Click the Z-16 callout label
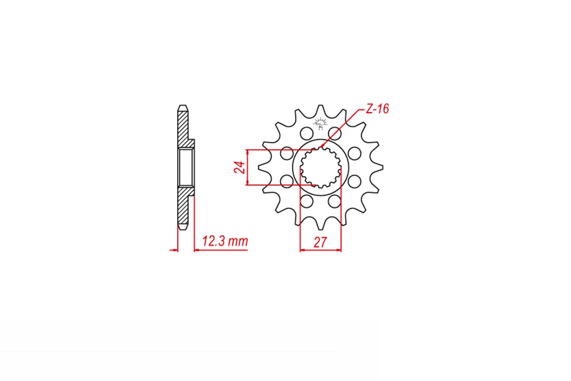(377, 109)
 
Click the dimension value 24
(240, 168)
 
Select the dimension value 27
(320, 243)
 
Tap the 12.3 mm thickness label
(225, 241)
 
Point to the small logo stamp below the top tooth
(319, 124)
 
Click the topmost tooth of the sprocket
(321, 110)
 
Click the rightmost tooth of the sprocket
(379, 167)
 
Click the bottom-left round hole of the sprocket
(306, 202)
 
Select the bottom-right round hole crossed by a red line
(334, 202)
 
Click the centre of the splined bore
(320, 167)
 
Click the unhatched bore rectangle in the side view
(185, 167)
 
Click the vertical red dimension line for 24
(247, 167)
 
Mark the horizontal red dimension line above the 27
(320, 250)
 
